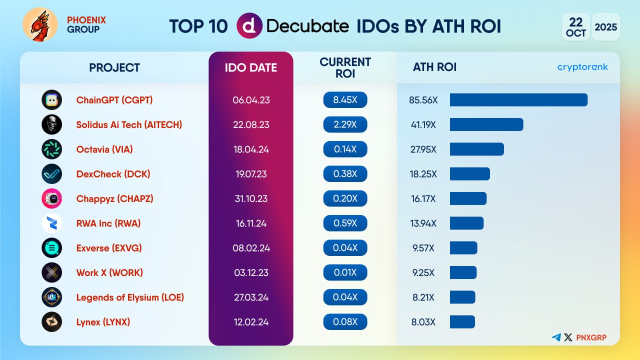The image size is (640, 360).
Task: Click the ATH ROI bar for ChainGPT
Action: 518,100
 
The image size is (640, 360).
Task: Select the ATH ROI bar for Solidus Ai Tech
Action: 486,124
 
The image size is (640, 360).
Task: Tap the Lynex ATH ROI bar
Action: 462,322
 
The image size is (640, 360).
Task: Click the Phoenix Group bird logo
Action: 40,24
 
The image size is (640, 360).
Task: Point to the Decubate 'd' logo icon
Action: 249,26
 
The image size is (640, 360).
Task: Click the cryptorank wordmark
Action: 582,67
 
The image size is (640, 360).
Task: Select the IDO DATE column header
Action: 251,67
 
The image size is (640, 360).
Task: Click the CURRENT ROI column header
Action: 345,67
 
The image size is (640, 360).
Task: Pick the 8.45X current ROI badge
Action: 345,100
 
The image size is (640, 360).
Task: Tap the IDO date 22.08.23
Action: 251,124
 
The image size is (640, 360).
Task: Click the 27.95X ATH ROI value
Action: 423,149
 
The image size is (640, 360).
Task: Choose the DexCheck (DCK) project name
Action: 113,174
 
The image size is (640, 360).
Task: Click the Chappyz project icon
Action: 52,198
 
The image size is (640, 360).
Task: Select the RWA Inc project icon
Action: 52,223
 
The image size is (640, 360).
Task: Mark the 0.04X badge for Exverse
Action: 345,248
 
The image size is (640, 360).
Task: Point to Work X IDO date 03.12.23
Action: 251,272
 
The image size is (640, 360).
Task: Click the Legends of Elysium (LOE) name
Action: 130,297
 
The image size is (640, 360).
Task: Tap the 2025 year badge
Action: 606,26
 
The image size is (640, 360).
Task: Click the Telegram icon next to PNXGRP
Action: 556,337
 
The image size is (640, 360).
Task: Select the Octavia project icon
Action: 52,149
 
